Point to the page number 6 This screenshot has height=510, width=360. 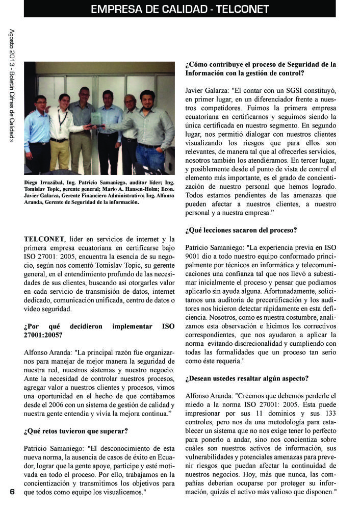click(12, 492)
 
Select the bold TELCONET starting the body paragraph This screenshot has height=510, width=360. click(44, 239)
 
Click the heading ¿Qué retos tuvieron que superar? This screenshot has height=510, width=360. click(75, 431)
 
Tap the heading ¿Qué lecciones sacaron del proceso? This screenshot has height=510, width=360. click(241, 230)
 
